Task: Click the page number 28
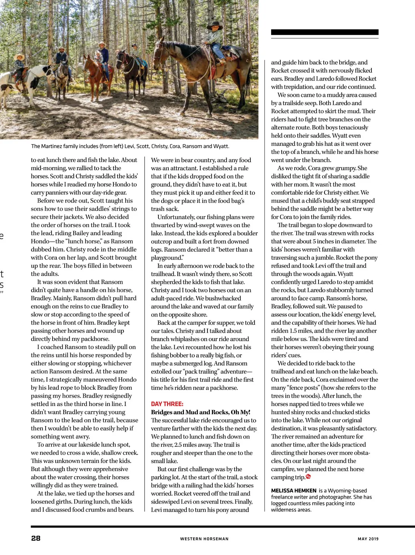(36, 538)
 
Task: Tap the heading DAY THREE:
(167, 404)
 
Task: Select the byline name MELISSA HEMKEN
(294, 491)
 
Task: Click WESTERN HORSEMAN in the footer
(204, 539)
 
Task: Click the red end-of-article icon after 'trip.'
(308, 477)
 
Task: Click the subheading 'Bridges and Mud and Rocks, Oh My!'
(201, 412)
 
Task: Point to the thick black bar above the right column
(324, 32)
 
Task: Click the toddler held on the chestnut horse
(99, 57)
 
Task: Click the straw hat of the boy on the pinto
(19, 56)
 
